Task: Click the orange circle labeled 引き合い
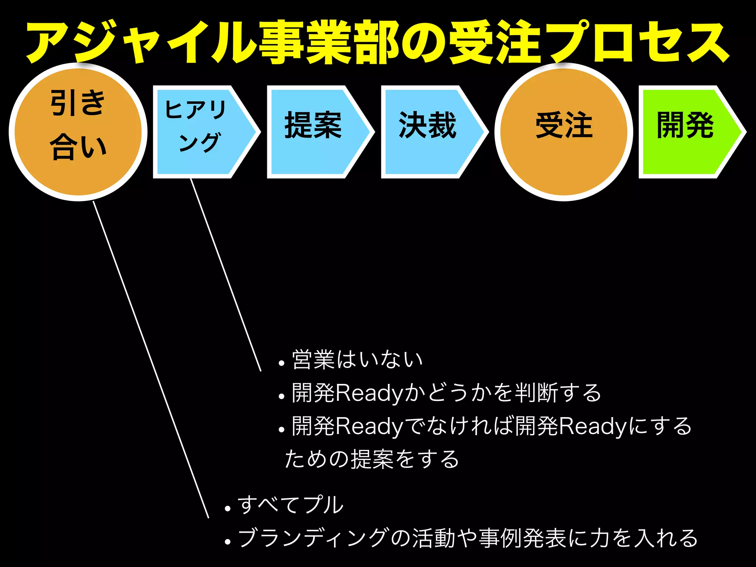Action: (x=78, y=132)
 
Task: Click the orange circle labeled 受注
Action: (x=564, y=132)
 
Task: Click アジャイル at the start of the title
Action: (x=140, y=42)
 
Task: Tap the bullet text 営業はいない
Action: (x=357, y=360)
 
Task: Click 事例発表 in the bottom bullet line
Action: (x=523, y=538)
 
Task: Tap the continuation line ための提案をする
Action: (x=372, y=459)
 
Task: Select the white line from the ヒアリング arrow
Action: (x=226, y=275)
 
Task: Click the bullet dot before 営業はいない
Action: (x=282, y=363)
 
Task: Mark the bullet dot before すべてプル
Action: (x=227, y=509)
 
